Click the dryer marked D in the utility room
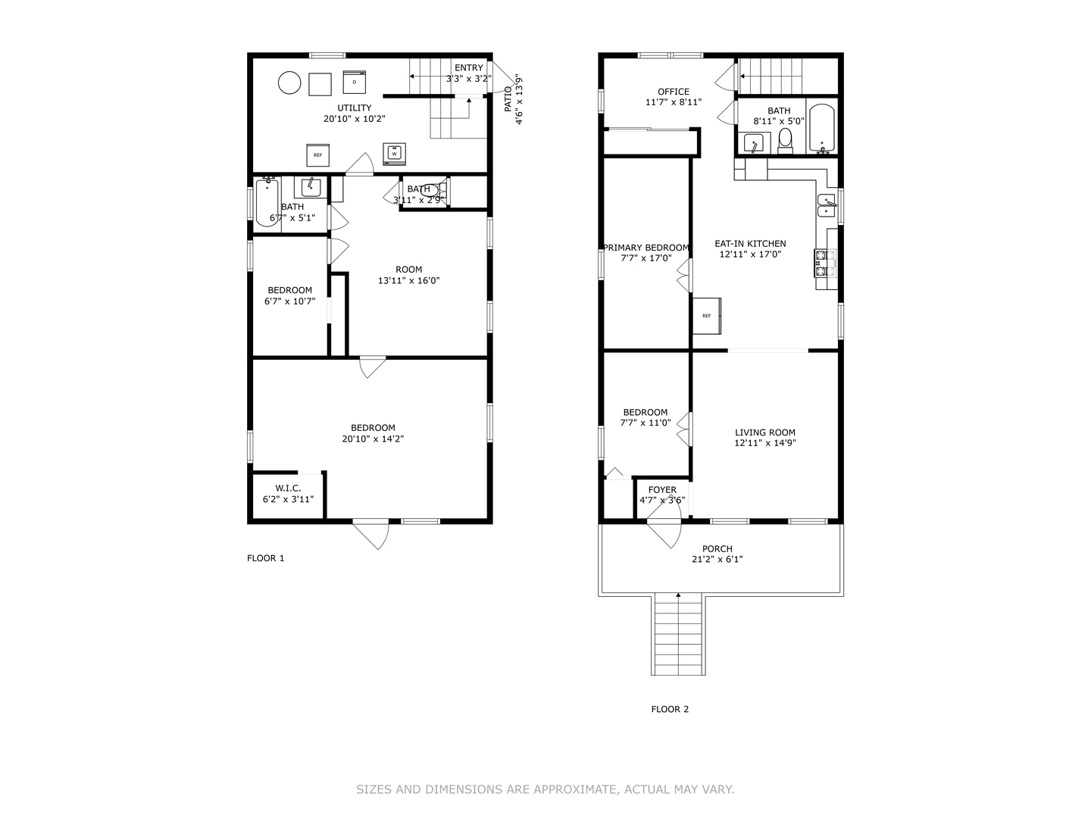coord(354,82)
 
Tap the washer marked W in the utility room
coord(394,154)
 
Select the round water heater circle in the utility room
coord(289,83)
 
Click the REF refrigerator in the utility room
coord(317,155)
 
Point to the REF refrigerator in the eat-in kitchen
coord(707,316)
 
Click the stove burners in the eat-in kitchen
coord(825,264)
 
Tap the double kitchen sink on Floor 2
coord(827,206)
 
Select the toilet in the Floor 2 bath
coord(785,139)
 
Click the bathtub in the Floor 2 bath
coord(821,128)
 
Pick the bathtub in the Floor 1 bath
coord(267,203)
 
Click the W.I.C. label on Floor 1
coord(289,489)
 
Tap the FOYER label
coord(662,490)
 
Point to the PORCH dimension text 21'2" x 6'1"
coord(717,559)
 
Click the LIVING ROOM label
coord(765,432)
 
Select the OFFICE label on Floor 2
coord(674,92)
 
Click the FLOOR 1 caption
coord(266,558)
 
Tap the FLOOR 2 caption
coord(670,709)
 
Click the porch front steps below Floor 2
coord(678,634)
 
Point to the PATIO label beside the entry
coord(508,98)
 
